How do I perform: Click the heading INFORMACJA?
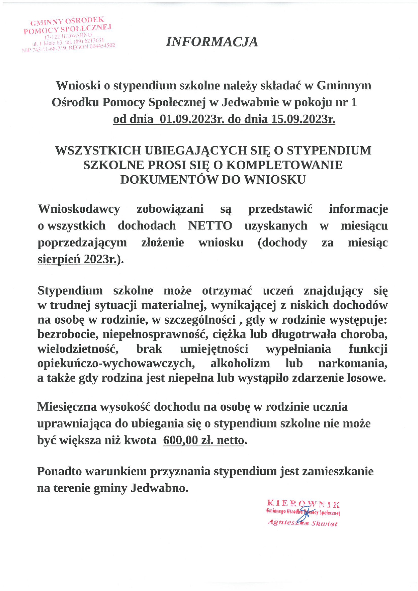coord(212,42)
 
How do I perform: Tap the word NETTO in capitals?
coord(210,226)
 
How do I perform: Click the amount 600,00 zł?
coord(189,440)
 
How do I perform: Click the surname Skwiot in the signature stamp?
coord(324,524)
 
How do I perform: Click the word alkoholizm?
coord(240,363)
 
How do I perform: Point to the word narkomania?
coord(353,363)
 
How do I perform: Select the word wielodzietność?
coord(78,349)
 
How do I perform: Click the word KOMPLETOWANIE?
coord(284,165)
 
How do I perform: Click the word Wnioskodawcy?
coord(79,209)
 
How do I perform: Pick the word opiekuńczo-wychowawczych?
coord(116,363)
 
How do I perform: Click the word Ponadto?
coord(59,471)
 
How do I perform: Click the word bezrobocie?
coord(68,334)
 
